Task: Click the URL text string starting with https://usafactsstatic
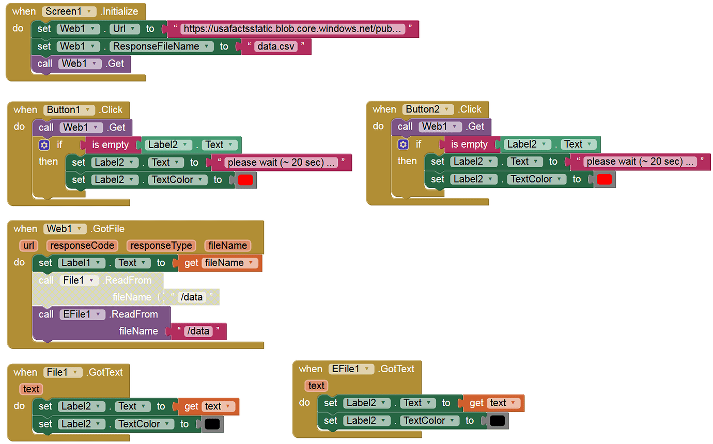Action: point(292,29)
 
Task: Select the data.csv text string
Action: point(276,46)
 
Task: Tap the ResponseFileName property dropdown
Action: point(161,46)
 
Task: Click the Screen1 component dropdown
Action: point(69,12)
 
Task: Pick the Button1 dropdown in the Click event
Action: point(69,110)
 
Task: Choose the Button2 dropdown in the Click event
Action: point(428,109)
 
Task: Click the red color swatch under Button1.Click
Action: point(245,180)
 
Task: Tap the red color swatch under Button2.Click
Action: point(605,179)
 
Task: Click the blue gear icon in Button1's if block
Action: point(44,146)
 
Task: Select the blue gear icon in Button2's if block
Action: point(403,145)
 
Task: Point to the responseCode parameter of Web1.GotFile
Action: point(82,246)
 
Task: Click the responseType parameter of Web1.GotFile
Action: point(161,246)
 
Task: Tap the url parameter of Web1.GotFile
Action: point(28,246)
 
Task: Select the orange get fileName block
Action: point(220,263)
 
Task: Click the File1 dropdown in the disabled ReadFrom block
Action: point(79,280)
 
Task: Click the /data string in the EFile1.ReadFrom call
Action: point(198,331)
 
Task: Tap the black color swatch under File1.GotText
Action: point(212,424)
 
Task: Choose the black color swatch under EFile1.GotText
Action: point(498,421)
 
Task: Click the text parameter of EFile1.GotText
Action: point(316,386)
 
